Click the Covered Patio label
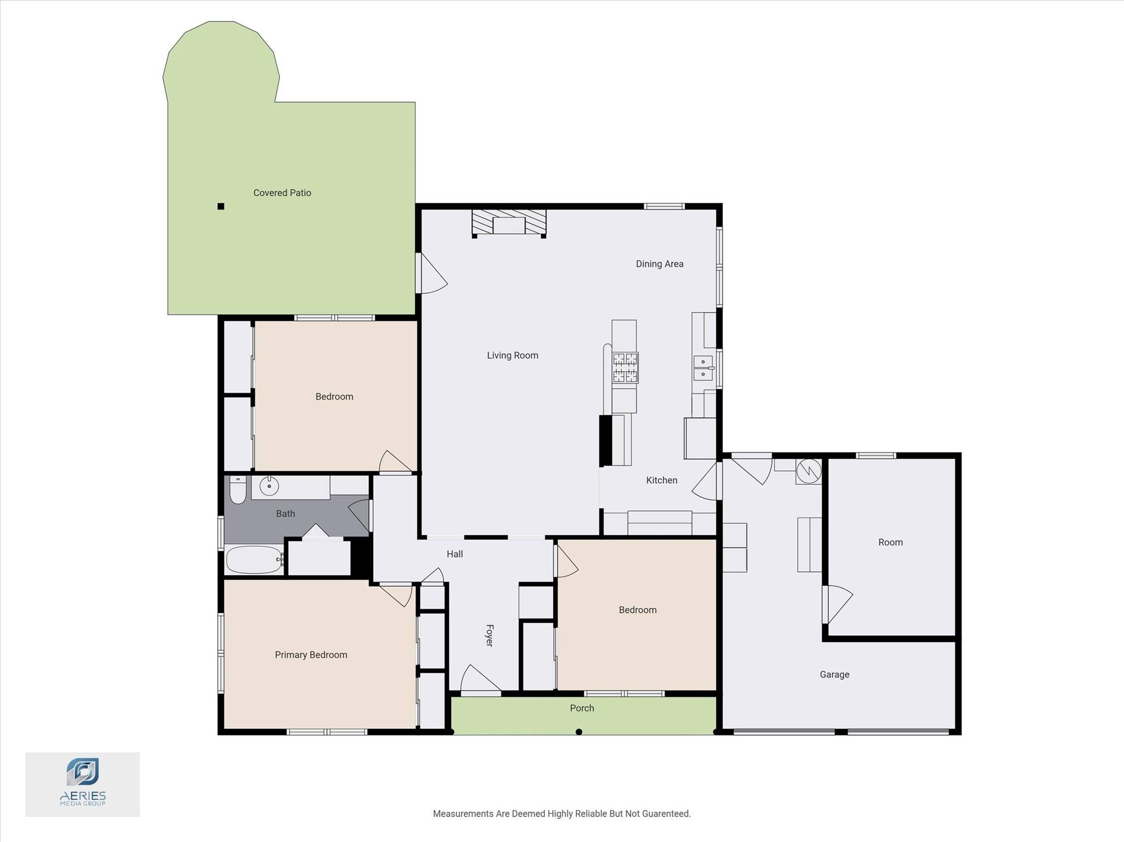pyautogui.click(x=282, y=193)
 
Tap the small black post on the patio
pyautogui.click(x=221, y=206)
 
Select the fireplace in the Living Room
pyautogui.click(x=509, y=223)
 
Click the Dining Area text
pyautogui.click(x=660, y=264)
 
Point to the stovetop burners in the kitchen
pyautogui.click(x=626, y=368)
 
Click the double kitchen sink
pyautogui.click(x=703, y=368)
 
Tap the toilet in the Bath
pyautogui.click(x=238, y=489)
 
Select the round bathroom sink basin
pyautogui.click(x=269, y=486)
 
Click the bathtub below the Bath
pyautogui.click(x=255, y=560)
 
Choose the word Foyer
pyautogui.click(x=490, y=635)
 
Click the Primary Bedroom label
pyautogui.click(x=311, y=655)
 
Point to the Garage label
pyautogui.click(x=835, y=675)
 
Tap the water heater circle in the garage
pyautogui.click(x=809, y=471)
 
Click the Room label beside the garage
pyautogui.click(x=890, y=543)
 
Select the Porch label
pyautogui.click(x=582, y=708)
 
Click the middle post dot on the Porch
pyautogui.click(x=578, y=732)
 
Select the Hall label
pyautogui.click(x=455, y=554)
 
